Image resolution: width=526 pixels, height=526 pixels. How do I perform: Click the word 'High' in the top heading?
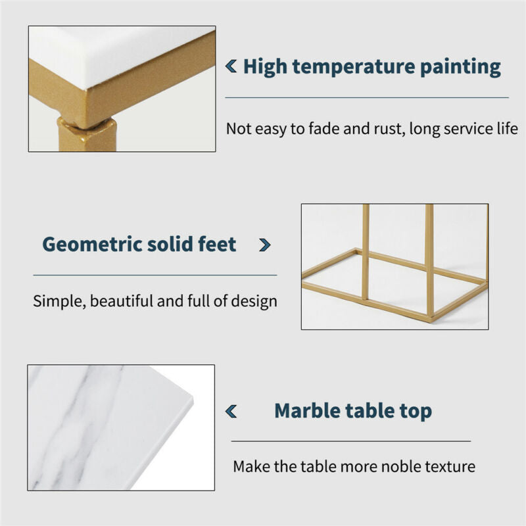(265, 66)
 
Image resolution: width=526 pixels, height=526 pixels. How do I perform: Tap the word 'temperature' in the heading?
(354, 67)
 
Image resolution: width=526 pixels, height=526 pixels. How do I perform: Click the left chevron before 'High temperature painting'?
(231, 66)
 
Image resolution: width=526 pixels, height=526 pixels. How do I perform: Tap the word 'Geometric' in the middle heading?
(92, 244)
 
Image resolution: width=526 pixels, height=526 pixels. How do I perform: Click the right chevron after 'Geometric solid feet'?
(265, 245)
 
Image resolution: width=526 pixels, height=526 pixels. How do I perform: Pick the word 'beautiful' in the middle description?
(121, 301)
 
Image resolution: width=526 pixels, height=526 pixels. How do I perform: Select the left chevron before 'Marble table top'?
(231, 412)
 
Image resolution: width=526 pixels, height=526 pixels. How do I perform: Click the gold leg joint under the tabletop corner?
(86, 124)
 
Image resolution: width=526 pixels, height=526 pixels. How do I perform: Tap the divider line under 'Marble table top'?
(351, 441)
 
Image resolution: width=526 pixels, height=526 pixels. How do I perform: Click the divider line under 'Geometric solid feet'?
(155, 275)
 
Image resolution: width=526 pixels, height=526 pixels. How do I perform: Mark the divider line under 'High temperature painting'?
(367, 97)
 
